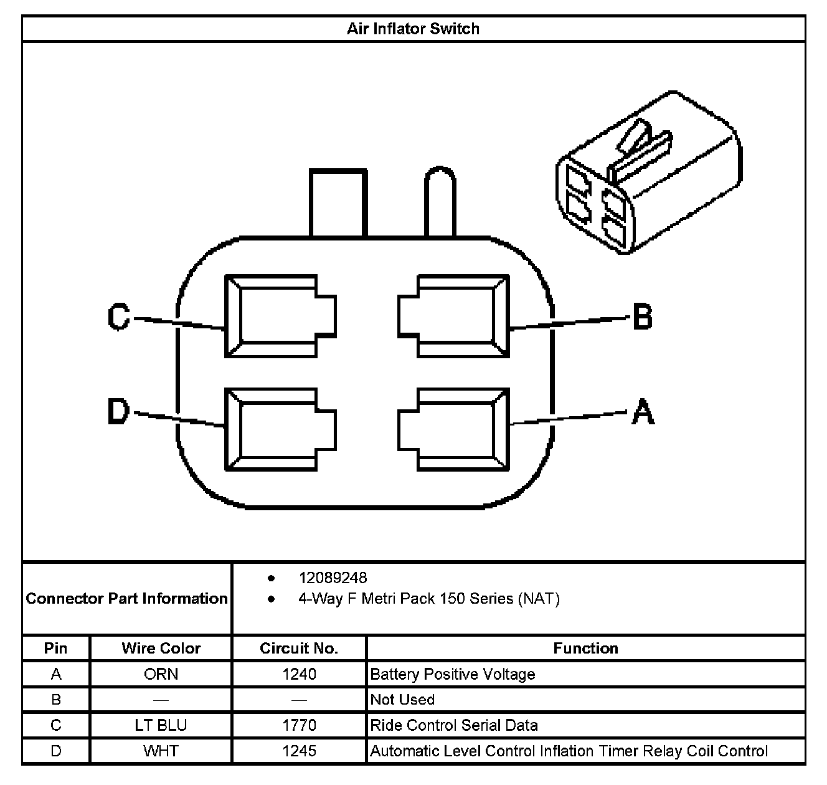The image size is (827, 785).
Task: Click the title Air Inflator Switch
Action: click(x=413, y=29)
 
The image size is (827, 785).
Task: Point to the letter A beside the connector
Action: click(x=643, y=412)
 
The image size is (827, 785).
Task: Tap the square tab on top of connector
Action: click(x=337, y=202)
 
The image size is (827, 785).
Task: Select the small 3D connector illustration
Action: click(x=650, y=173)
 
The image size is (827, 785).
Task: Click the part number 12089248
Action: click(x=333, y=578)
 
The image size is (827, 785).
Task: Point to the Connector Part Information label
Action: click(x=127, y=599)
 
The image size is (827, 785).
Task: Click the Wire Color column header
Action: click(x=161, y=649)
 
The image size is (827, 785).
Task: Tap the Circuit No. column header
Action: click(x=299, y=649)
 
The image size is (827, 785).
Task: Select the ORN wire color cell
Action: click(x=161, y=674)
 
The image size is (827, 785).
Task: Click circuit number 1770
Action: click(x=299, y=725)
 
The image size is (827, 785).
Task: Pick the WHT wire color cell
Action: click(x=161, y=751)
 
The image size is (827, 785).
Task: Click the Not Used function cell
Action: click(x=402, y=700)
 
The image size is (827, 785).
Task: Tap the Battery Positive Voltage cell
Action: click(x=453, y=674)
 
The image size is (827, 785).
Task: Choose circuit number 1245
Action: click(x=299, y=751)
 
